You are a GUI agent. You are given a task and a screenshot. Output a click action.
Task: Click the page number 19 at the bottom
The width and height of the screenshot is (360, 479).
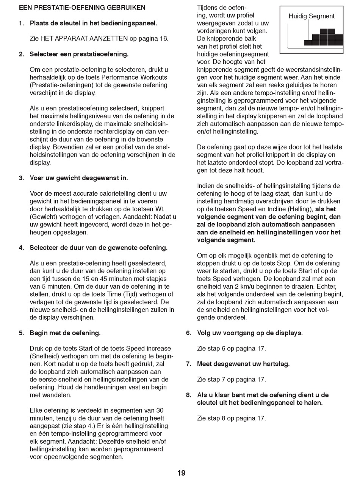(181, 473)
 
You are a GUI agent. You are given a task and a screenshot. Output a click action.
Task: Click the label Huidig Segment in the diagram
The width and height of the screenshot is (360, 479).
(311, 16)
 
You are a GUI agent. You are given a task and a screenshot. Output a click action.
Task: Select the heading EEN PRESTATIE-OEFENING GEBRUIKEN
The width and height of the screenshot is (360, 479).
(82, 8)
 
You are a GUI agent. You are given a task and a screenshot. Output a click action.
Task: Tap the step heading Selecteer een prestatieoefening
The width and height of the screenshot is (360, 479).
(79, 54)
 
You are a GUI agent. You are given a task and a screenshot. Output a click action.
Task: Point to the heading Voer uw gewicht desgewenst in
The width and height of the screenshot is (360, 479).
(79, 178)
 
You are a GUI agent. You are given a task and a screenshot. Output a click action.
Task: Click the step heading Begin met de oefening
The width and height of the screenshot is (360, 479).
(65, 333)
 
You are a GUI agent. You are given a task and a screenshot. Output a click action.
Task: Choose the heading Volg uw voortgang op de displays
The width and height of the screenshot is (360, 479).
(250, 333)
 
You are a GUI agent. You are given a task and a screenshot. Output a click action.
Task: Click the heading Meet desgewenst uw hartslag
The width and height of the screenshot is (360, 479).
(243, 364)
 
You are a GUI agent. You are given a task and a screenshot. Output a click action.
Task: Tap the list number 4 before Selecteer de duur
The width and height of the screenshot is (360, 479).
(21, 248)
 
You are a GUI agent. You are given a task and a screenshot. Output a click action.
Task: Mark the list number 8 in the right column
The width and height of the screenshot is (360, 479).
(188, 395)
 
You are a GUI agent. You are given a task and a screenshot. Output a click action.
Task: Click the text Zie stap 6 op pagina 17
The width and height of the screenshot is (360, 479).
(231, 349)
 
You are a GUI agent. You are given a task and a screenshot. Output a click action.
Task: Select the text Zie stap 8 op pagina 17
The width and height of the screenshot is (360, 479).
(231, 418)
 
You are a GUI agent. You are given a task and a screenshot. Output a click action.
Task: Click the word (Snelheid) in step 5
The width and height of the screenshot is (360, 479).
(44, 356)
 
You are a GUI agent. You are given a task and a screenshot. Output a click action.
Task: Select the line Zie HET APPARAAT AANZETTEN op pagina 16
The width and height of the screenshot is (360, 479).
(99, 39)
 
